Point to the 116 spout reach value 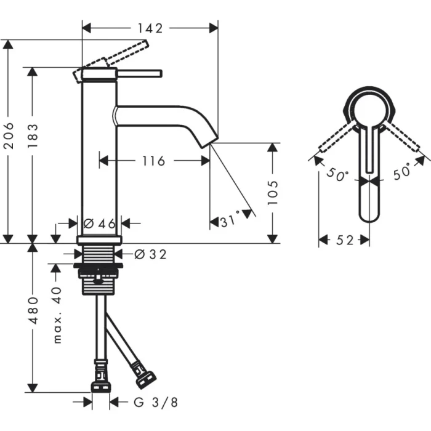point(153,161)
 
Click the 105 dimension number point(275,192)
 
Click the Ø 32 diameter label point(150,254)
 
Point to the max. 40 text point(57,315)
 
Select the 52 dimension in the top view point(345,240)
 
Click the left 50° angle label point(338,175)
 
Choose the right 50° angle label point(401,173)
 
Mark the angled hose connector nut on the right point(145,375)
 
